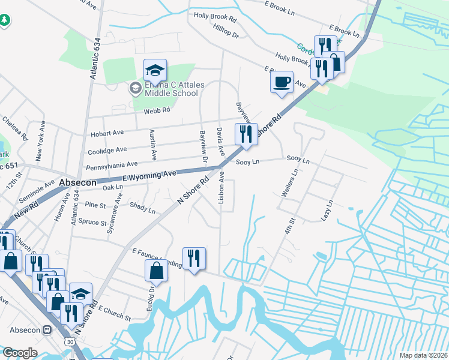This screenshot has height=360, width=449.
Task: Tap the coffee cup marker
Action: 282,82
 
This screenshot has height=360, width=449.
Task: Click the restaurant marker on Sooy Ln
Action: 246,135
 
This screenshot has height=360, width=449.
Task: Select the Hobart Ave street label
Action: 106,134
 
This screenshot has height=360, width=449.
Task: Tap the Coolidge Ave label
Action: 107,150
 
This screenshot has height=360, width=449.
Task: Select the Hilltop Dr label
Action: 226,31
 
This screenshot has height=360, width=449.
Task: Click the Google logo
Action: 20,353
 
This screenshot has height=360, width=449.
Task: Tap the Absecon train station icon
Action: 47,329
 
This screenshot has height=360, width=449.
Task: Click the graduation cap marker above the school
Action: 155,70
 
